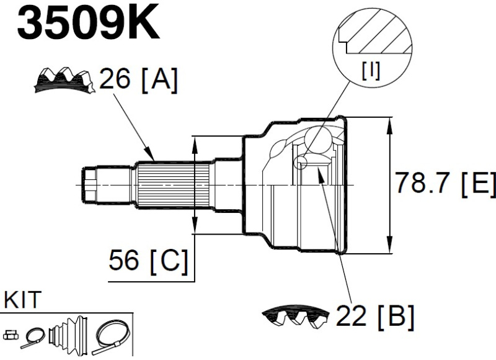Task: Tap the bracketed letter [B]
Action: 394,317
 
